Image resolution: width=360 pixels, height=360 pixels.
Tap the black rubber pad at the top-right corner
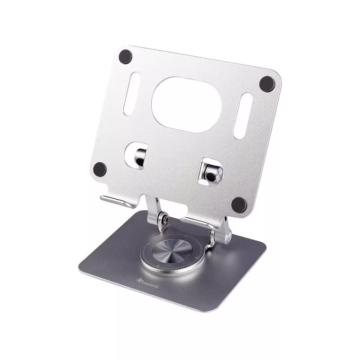tap(267, 84)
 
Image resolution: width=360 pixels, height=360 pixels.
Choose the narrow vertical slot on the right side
tap(243, 116)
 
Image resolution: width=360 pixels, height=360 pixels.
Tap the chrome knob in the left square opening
tap(139, 155)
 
